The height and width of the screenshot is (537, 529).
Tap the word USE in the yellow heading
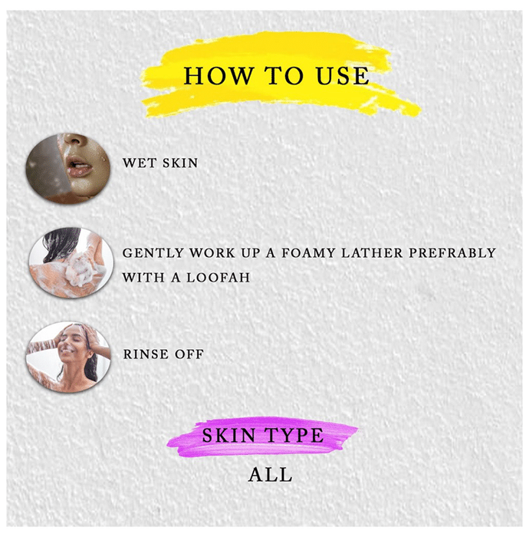[343, 75]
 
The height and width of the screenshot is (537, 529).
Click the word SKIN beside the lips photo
[180, 163]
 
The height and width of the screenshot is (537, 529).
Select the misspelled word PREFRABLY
[452, 253]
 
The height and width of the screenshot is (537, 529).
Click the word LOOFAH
[219, 278]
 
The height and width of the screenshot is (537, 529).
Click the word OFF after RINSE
[189, 354]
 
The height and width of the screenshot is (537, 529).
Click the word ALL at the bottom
[271, 475]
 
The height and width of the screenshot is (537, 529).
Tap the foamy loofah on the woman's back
[83, 268]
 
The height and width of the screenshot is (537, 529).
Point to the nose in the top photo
[74, 140]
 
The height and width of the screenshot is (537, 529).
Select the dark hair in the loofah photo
[61, 242]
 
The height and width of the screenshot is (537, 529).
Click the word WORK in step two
[212, 253]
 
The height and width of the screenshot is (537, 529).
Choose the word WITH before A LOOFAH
[143, 278]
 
